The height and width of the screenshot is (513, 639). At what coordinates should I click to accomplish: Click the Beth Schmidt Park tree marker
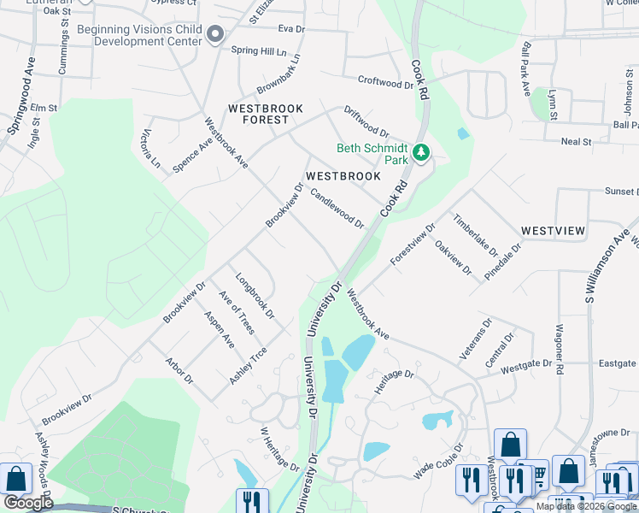[420, 153]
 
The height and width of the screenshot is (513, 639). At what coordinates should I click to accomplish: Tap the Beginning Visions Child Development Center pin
[214, 34]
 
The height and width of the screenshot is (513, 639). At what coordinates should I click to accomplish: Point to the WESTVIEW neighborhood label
[553, 231]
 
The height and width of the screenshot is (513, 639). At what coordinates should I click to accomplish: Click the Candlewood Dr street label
[337, 209]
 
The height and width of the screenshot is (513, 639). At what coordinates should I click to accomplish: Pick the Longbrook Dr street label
[255, 296]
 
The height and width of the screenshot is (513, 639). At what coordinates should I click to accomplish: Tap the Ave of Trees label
[237, 313]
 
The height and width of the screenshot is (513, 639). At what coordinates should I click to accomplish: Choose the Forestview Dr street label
[413, 244]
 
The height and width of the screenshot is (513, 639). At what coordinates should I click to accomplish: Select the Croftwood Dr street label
[384, 83]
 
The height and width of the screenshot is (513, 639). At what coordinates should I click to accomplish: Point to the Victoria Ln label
[149, 148]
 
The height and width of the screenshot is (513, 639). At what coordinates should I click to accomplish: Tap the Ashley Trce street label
[249, 365]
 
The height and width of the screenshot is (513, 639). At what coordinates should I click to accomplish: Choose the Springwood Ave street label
[20, 106]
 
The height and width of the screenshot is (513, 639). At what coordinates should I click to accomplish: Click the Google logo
[28, 502]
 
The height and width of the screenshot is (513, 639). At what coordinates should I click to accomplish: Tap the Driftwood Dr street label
[366, 121]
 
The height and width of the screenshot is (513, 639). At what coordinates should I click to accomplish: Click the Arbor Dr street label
[180, 370]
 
